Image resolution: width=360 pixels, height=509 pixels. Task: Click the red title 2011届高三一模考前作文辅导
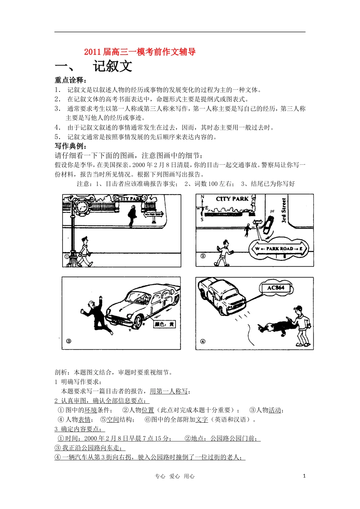[x=140, y=52]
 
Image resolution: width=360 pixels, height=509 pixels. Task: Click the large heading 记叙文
[x=113, y=66]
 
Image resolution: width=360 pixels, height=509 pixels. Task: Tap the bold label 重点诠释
[x=70, y=80]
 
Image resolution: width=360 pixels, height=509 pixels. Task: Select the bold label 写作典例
[x=70, y=146]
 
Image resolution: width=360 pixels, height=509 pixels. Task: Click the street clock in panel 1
[x=82, y=207]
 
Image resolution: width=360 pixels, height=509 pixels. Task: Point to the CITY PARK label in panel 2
[x=232, y=199]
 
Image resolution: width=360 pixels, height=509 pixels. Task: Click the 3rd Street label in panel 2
[x=283, y=210]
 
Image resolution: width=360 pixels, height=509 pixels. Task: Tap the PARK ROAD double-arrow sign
[x=279, y=249]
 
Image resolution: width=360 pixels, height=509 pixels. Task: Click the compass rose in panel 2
[x=202, y=208]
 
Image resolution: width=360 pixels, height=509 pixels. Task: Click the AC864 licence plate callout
[x=275, y=288]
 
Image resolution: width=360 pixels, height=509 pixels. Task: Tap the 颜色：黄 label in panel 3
[x=164, y=324]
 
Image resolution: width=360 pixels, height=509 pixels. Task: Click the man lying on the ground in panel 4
[x=277, y=328]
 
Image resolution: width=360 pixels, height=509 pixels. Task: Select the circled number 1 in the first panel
[x=67, y=256]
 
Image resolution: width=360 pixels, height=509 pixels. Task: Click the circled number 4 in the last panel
[x=203, y=341]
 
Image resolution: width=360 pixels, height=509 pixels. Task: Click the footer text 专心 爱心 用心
[x=175, y=476]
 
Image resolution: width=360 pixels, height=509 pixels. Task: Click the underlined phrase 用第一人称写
[x=169, y=391]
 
